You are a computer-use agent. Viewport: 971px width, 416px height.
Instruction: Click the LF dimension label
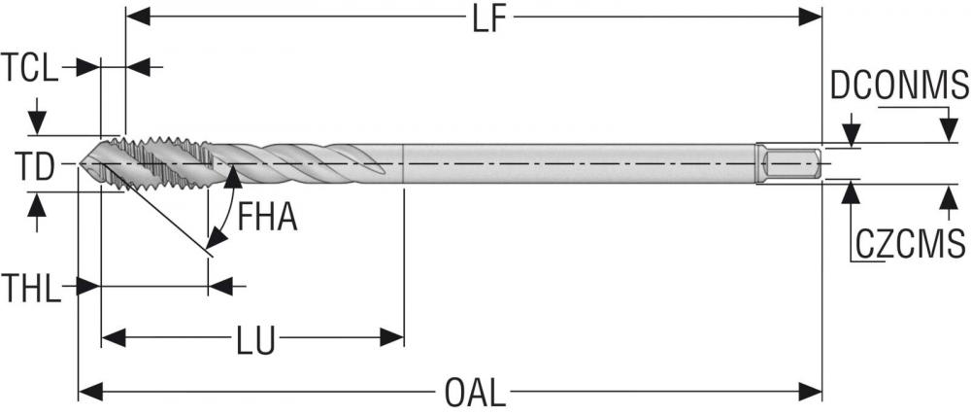(488, 17)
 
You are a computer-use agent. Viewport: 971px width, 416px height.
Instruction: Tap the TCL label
(30, 68)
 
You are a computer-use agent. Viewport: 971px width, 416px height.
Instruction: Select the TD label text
(35, 167)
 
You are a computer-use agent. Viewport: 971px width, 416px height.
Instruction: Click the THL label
(31, 289)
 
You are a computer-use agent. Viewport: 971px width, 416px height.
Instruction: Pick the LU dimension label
(255, 340)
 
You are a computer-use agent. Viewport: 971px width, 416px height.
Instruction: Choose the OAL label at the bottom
(475, 393)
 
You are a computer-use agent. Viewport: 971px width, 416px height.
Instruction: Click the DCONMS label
(899, 86)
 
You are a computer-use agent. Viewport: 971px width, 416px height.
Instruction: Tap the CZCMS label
(911, 244)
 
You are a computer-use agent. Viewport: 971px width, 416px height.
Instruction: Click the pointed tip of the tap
(81, 164)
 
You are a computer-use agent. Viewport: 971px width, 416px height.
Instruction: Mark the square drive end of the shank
(789, 165)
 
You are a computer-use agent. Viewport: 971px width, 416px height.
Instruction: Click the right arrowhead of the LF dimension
(810, 17)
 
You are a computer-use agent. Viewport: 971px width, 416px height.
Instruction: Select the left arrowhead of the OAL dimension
(90, 392)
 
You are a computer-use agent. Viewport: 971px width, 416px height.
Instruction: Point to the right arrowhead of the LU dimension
(392, 338)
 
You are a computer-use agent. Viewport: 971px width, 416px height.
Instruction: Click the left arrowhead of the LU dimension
(114, 338)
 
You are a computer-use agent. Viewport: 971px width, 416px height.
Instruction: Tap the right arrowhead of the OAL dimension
(810, 392)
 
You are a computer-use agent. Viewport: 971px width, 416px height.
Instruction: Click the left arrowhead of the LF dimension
(138, 17)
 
